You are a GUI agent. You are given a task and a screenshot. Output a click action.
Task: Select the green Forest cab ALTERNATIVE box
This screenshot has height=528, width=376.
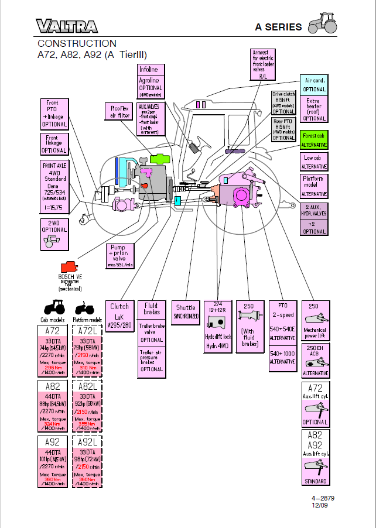click(314, 139)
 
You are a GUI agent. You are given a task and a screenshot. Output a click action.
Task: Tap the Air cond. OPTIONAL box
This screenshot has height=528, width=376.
click(314, 85)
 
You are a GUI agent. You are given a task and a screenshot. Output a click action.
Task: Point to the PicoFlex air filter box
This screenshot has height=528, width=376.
click(119, 111)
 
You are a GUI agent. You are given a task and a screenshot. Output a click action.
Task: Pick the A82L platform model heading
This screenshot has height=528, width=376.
click(87, 386)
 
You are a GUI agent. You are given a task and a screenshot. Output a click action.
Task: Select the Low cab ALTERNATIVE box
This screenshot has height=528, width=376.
click(314, 162)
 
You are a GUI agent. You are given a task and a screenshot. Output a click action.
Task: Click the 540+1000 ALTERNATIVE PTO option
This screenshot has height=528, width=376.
click(282, 357)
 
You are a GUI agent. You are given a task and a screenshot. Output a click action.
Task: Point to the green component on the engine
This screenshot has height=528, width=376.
click(160, 158)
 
